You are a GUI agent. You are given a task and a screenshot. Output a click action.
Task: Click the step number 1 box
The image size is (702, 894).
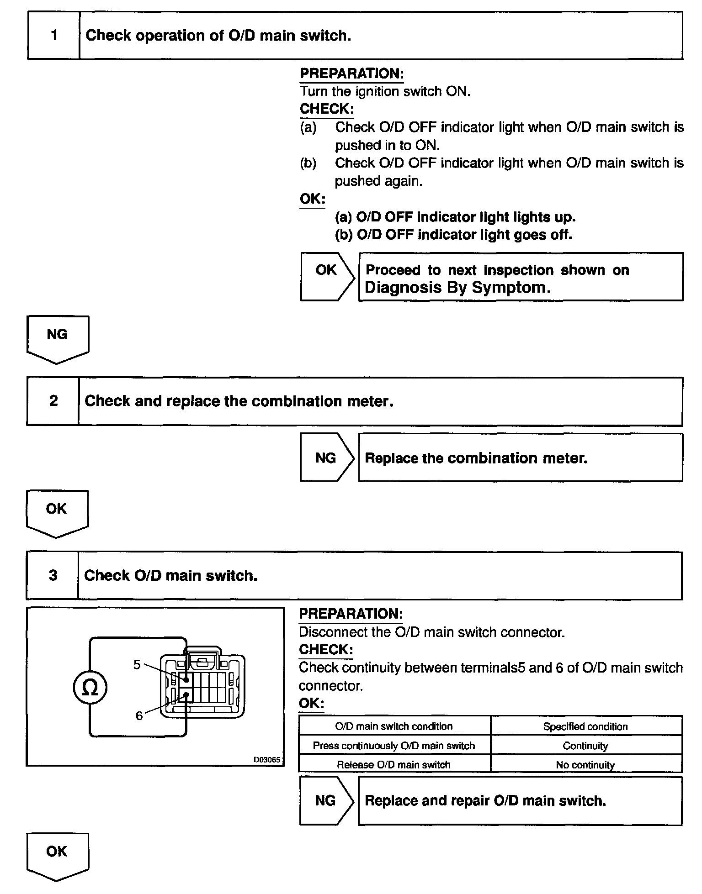[54, 36]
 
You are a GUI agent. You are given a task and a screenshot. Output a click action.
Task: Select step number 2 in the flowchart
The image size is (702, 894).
[53, 401]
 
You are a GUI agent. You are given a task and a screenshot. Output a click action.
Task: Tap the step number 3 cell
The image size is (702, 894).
[53, 575]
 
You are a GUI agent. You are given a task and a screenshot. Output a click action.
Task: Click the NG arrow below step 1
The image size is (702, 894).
[58, 337]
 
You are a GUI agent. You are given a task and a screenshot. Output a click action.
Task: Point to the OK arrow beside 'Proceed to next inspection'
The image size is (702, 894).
[327, 276]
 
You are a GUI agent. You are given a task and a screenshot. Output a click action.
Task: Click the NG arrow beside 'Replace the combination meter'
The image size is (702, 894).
[327, 458]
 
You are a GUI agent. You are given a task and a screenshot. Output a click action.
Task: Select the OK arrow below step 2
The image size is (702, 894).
[57, 512]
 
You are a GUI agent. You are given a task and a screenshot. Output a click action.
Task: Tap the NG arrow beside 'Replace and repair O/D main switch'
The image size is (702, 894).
[326, 800]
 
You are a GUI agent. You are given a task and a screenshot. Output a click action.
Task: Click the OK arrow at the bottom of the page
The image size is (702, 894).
[57, 855]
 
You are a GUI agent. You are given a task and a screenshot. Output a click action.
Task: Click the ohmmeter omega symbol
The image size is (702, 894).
[90, 688]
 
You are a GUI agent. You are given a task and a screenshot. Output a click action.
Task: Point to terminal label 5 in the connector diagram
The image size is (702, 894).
[137, 665]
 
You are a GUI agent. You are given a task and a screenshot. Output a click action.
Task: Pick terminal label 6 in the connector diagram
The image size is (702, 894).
[139, 715]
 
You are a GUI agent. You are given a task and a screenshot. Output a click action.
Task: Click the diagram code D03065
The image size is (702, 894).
[267, 760]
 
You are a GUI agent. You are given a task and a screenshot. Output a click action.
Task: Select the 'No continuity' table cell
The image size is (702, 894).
[585, 765]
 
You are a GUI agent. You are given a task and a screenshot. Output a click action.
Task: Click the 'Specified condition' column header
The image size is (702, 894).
[585, 726]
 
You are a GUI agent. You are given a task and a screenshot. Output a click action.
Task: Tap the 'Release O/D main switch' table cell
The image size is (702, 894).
[394, 765]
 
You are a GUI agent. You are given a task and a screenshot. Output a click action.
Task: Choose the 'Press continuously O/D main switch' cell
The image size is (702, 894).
[394, 746]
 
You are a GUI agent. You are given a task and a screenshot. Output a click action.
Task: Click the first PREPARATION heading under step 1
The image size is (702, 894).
[351, 74]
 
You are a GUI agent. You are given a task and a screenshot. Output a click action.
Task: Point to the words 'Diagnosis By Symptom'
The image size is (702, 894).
[457, 288]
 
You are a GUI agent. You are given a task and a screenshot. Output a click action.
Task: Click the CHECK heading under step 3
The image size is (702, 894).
[326, 649]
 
